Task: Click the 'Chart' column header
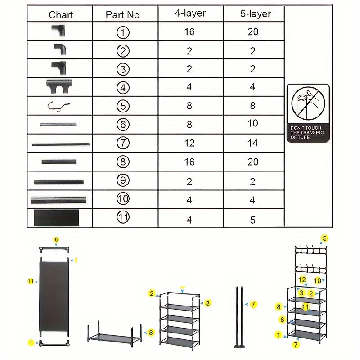(61, 14)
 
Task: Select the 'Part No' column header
(122, 14)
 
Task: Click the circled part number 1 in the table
(122, 32)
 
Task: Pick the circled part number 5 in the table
(122, 106)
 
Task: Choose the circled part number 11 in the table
(122, 218)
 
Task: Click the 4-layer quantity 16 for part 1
(189, 32)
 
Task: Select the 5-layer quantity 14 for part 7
(252, 143)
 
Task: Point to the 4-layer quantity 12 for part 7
(189, 143)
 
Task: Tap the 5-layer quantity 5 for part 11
(252, 220)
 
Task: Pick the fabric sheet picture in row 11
(55, 218)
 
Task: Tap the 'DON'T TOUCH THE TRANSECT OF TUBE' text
(308, 133)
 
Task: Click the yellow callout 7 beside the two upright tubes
(253, 305)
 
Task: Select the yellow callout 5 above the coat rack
(324, 238)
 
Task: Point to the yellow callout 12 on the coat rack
(303, 280)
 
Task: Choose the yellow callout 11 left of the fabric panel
(31, 281)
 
